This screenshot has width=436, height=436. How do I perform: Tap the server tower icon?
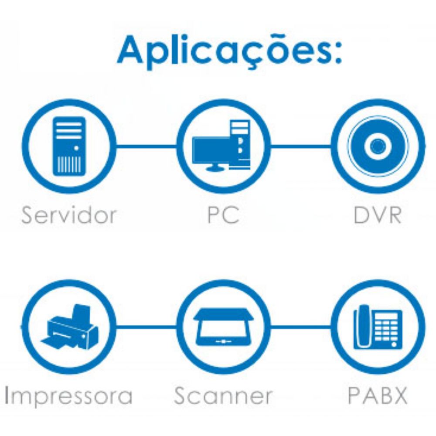pos(69,146)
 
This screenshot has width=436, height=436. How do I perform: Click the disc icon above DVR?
pos(378,146)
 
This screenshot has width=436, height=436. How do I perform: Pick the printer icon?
pos(69,328)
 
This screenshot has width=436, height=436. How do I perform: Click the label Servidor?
pos(69,215)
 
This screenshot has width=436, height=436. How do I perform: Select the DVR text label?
pos(378,215)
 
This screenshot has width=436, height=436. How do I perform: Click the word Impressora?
pos(68,396)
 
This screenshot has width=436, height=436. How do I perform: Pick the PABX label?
pos(378,396)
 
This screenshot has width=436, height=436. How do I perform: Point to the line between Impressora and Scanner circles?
pos(146,326)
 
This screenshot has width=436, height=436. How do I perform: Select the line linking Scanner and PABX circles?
pos(301,326)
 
